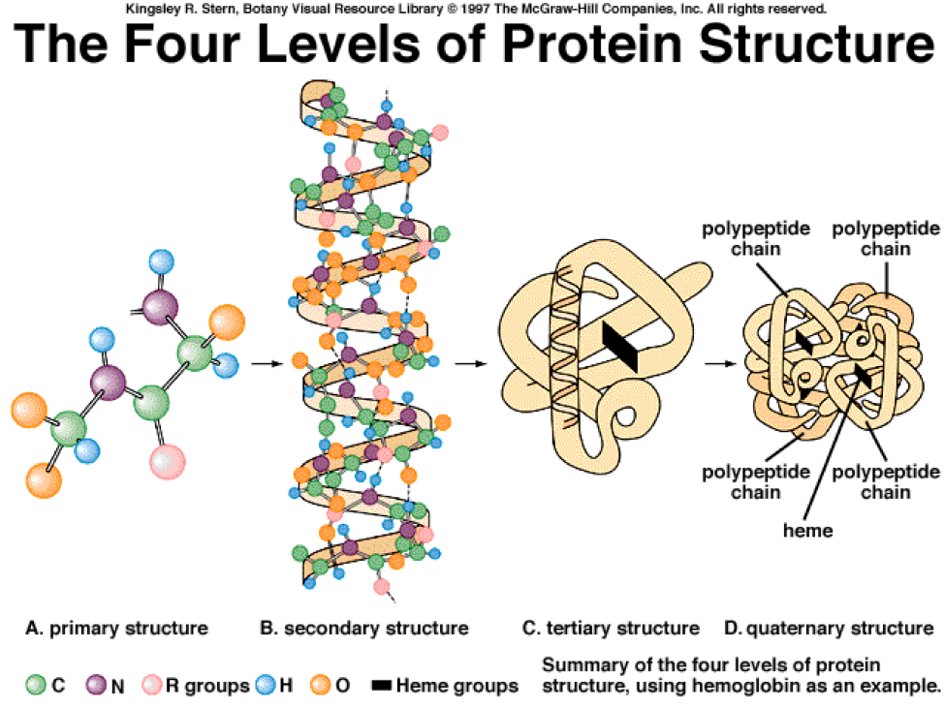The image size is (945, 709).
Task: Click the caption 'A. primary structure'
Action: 116,629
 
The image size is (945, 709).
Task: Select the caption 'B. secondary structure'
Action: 364,629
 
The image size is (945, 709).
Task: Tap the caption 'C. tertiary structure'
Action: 611,629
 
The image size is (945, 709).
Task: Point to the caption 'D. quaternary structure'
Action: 828,629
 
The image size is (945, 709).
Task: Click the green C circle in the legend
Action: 37,686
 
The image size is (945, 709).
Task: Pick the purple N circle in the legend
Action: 96,686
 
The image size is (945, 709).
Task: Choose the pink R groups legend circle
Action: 151,686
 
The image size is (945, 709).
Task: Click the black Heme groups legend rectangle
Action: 382,687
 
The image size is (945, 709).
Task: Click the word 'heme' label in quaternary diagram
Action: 808,530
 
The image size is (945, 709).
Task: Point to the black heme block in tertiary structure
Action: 620,346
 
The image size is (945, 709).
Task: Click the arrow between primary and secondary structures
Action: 264,364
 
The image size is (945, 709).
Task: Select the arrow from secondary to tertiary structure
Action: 469,364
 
